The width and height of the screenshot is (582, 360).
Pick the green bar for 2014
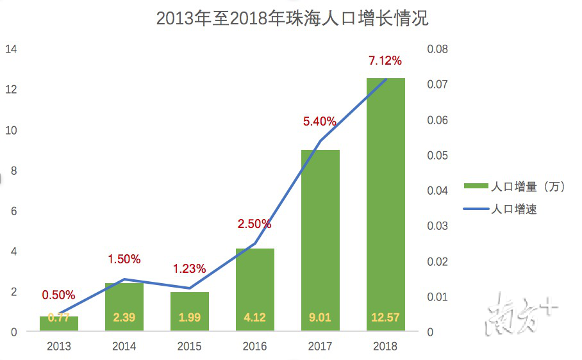(x=124, y=307)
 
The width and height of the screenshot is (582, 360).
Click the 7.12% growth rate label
(x=385, y=61)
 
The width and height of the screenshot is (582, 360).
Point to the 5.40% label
(x=319, y=121)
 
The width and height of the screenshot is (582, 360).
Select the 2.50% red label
(x=254, y=224)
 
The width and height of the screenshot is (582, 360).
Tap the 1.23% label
(x=189, y=269)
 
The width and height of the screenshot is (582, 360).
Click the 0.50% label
(x=58, y=295)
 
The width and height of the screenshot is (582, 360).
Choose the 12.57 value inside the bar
(x=385, y=317)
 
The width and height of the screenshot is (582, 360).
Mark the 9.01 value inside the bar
(x=320, y=317)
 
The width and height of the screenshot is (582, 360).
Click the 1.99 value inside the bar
(x=189, y=317)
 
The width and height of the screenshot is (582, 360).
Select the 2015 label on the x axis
(x=189, y=347)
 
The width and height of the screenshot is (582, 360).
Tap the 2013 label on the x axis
(x=59, y=347)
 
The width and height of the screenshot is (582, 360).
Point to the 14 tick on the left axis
(x=12, y=49)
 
